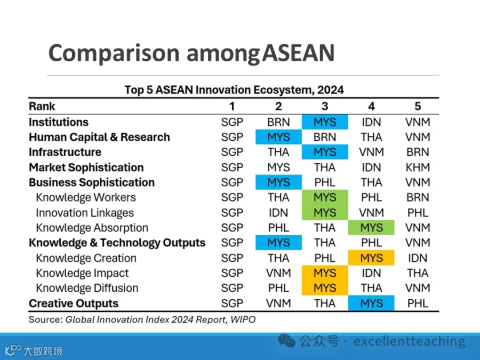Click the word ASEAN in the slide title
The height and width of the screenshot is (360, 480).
point(299,53)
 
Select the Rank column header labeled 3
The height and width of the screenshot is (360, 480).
point(325,106)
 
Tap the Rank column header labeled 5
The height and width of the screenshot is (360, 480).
point(418,106)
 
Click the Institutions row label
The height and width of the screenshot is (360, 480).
point(59,122)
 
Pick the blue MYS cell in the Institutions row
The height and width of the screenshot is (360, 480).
point(325,122)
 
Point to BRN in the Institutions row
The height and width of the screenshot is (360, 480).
point(278,122)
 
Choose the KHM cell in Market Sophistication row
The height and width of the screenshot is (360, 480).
point(418,167)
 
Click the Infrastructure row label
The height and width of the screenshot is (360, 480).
point(65,152)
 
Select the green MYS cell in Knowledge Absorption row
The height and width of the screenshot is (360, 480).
point(371,227)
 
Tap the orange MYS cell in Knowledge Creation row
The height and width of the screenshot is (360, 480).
point(371,258)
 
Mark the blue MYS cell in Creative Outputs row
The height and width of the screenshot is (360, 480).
point(371,303)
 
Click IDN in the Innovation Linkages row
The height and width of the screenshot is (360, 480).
point(278,213)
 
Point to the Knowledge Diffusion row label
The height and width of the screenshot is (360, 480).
point(87,288)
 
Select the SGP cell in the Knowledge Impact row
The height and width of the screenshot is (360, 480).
point(232,273)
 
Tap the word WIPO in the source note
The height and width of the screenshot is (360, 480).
point(243,319)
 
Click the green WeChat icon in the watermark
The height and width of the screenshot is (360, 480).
point(286,340)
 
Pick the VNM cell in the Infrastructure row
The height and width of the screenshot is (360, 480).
point(371,152)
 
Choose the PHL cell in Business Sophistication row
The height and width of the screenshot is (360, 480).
point(325,182)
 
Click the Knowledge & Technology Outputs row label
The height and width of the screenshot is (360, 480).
point(117,243)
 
